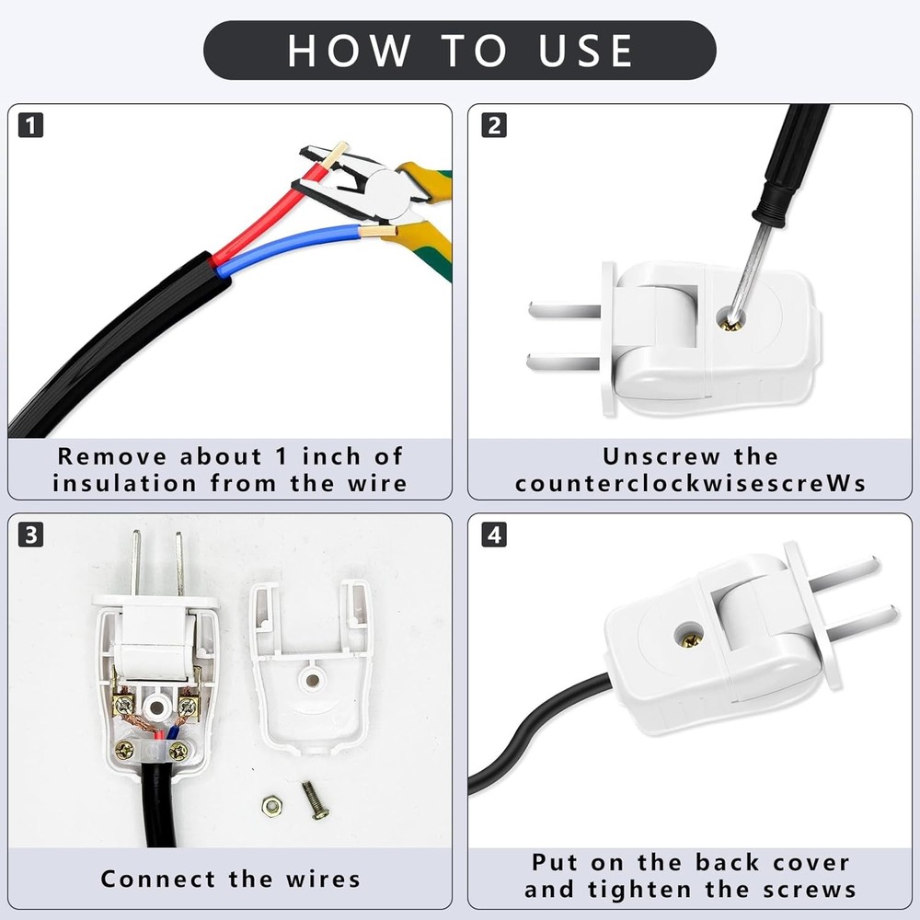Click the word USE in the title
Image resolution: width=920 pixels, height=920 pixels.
pos(585,51)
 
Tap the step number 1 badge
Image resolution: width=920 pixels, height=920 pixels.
pos(30,125)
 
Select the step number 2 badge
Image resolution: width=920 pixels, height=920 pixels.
pos(494,125)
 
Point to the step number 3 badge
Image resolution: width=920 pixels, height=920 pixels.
pos(30,535)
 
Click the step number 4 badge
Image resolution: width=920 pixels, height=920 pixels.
pos(494,535)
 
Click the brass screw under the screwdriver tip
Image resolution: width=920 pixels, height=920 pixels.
pos(732,320)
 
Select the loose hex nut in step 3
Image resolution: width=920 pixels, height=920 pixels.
pos(271,806)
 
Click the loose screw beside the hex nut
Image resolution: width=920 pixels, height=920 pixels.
pos(315,800)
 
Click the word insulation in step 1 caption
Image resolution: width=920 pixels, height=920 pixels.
pos(124,484)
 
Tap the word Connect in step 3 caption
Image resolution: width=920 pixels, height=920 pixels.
pos(158,879)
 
